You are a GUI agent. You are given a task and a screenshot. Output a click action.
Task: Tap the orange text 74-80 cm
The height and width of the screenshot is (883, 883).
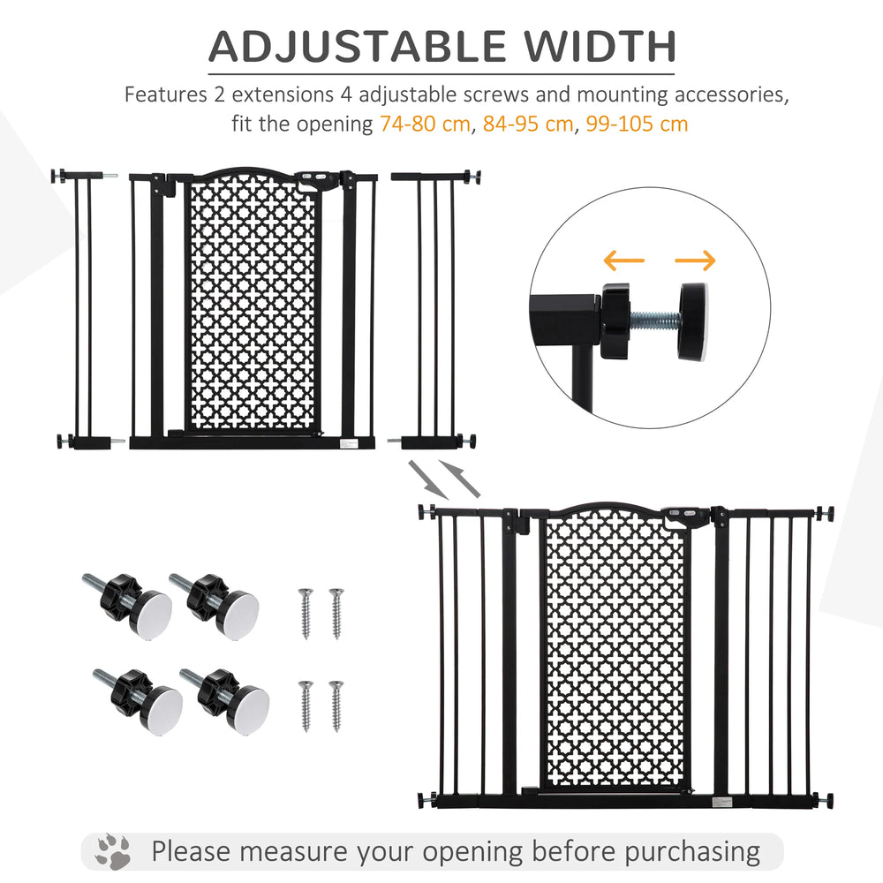[425, 124]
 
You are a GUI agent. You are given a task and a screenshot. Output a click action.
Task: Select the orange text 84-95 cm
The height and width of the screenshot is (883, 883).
[528, 124]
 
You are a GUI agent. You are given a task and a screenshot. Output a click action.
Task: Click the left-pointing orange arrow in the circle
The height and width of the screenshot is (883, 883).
[624, 260]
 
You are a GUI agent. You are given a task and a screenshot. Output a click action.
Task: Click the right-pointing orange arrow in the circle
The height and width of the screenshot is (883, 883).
[695, 260]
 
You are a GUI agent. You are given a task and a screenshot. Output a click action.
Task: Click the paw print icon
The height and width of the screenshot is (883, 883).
[113, 852]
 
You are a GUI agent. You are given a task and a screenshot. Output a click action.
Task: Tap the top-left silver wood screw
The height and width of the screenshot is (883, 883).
[306, 612]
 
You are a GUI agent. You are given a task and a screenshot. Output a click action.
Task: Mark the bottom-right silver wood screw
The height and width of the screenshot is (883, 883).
[336, 705]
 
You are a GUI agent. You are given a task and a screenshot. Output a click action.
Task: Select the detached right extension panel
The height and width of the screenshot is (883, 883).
[436, 309]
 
